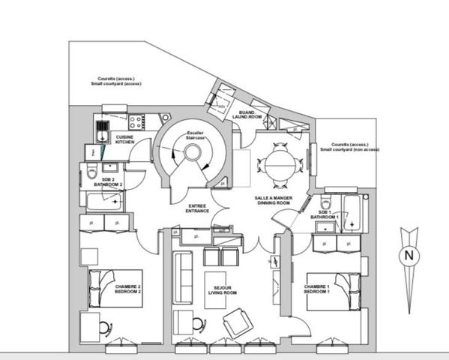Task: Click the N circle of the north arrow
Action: pyautogui.click(x=409, y=255)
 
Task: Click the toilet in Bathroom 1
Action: pyautogui.click(x=325, y=204)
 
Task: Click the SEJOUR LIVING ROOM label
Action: pyautogui.click(x=220, y=290)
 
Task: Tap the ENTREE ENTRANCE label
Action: pyautogui.click(x=198, y=210)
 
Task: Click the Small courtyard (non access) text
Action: pyautogui.click(x=350, y=149)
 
